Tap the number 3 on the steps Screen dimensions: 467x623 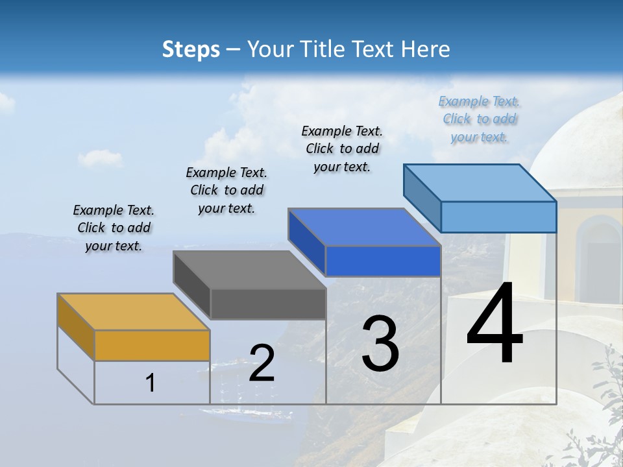coord(380,344)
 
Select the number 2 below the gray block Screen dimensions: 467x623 coord(262,363)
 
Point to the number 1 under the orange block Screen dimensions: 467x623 coord(151,383)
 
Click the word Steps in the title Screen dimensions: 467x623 coord(191,49)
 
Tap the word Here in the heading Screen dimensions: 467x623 coord(426,49)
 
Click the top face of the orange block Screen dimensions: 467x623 coord(133,312)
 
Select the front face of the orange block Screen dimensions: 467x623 coord(152,345)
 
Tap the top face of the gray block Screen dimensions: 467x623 coord(249,270)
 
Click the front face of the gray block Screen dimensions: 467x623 coord(268,304)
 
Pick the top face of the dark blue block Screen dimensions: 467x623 coord(364,228)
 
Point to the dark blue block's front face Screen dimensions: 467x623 coord(383,261)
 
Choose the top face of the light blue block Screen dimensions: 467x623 coord(480,183)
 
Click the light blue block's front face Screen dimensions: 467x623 coord(498,217)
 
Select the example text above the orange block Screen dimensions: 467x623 coord(114,228)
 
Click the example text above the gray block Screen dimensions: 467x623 coord(226,190)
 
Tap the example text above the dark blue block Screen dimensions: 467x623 coord(342,149)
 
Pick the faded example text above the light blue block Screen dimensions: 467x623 coord(480,119)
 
